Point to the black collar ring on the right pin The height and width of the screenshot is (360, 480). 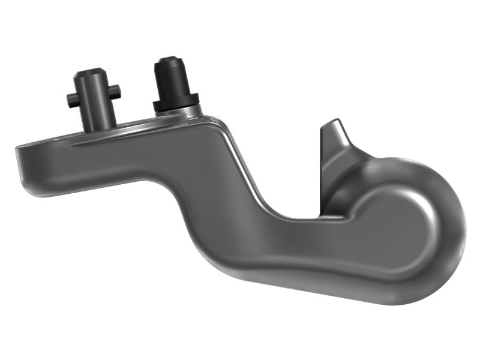(x=175, y=102)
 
